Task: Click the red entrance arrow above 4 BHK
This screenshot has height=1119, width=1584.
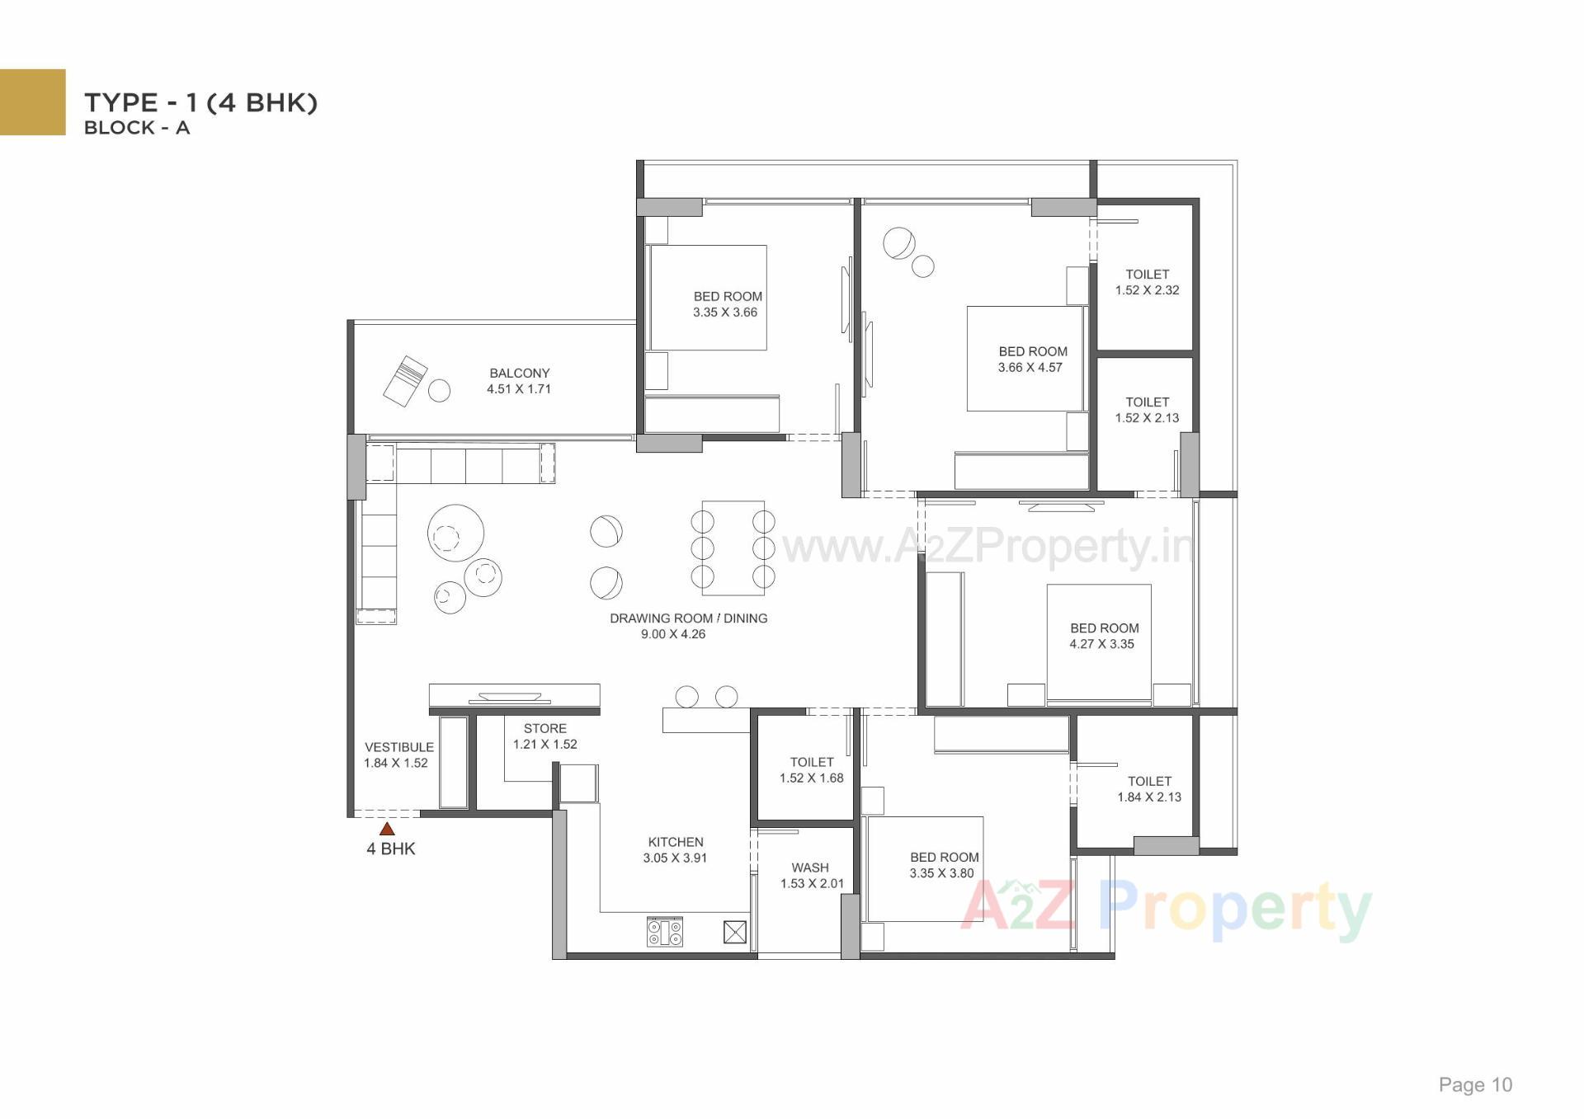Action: [x=387, y=829]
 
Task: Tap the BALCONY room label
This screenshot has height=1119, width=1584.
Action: [x=519, y=373]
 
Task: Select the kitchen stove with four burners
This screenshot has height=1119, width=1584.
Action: [x=664, y=933]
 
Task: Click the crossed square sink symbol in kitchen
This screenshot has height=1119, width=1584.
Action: [x=734, y=933]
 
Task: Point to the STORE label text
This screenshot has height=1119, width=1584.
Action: [x=544, y=728]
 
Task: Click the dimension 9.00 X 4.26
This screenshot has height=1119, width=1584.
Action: [x=673, y=634]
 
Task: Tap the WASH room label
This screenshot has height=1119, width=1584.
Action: [x=810, y=867]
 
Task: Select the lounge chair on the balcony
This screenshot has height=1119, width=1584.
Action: [x=405, y=381]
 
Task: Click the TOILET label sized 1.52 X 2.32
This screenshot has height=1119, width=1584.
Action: [x=1147, y=274]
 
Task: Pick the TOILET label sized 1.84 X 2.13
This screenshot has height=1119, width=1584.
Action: [x=1149, y=781]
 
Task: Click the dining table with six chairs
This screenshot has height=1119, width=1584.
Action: [x=733, y=548]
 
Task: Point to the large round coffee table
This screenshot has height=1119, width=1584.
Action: [x=455, y=534]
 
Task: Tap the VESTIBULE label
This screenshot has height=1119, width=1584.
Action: [x=398, y=747]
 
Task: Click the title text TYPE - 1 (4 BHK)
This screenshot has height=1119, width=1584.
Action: [x=200, y=102]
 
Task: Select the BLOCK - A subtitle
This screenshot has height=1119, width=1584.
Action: [x=137, y=128]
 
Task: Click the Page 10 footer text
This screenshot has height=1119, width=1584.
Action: [x=1475, y=1084]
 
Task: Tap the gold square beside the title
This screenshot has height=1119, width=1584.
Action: [x=32, y=101]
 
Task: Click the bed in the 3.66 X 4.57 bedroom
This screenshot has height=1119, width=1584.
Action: [x=1025, y=359]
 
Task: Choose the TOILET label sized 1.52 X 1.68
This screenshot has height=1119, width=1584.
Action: [x=811, y=762]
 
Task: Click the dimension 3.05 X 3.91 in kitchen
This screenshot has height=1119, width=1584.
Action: [x=675, y=858]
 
